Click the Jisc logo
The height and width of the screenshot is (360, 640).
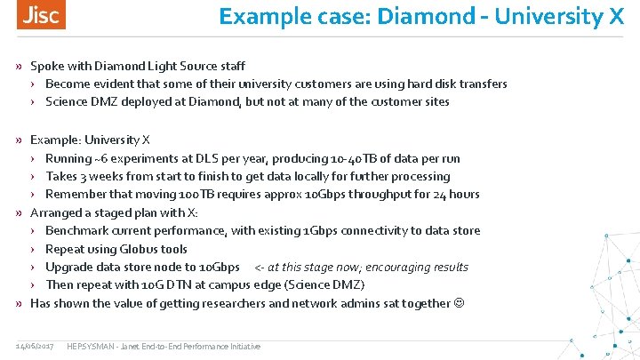(41, 15)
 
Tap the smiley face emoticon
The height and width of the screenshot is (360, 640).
(459, 304)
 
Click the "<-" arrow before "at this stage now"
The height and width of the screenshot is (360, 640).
(260, 268)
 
